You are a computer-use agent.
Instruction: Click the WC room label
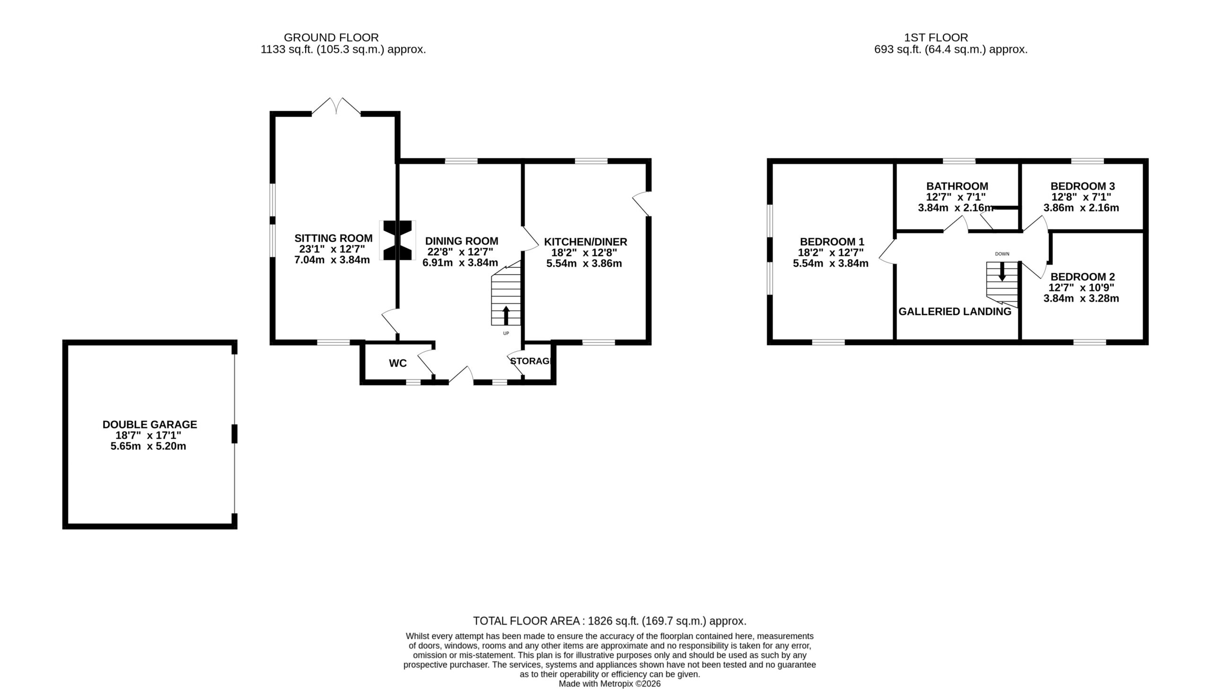point(397,363)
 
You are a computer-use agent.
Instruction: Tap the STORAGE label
point(530,361)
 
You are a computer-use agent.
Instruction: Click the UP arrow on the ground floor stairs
point(506,315)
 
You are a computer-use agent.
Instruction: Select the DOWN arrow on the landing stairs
point(1002,271)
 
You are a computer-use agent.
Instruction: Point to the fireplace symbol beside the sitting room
point(397,240)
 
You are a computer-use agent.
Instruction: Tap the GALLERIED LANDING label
point(955,311)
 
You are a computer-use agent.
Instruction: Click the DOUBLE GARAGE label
point(149,425)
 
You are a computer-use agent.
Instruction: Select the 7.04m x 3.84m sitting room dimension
point(332,260)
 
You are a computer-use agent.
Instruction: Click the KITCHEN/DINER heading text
point(585,242)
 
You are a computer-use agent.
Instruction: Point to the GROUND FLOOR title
point(331,37)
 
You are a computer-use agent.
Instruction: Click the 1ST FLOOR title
point(936,37)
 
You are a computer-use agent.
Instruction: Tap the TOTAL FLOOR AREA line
point(610,621)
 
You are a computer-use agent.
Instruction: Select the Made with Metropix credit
point(610,684)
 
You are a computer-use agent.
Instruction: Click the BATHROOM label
point(957,186)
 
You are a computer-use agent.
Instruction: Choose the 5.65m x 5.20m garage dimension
point(148,446)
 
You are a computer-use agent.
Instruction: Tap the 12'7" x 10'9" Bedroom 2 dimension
point(1081,288)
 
